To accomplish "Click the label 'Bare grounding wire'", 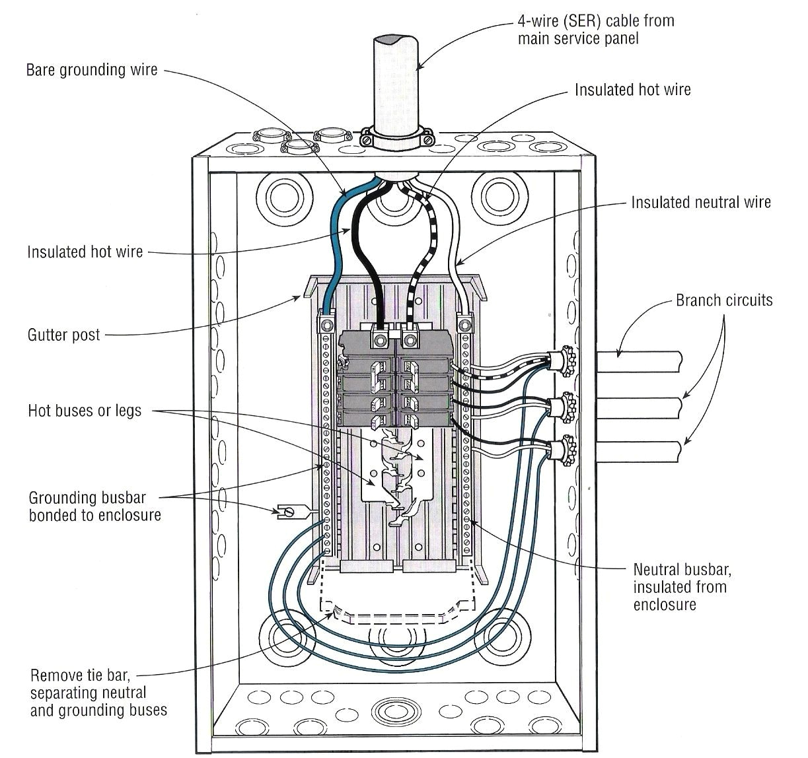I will pyautogui.click(x=92, y=70).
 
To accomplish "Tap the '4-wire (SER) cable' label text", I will pyautogui.click(x=596, y=29).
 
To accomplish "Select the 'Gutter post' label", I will pyautogui.click(x=63, y=335).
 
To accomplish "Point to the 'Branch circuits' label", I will pyautogui.click(x=723, y=300).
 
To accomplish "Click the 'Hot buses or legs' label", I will pyautogui.click(x=85, y=411).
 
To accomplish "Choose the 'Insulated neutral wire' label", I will pyautogui.click(x=700, y=202).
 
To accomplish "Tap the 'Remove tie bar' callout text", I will pyautogui.click(x=89, y=693).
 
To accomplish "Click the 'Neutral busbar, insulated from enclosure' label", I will pyautogui.click(x=681, y=586).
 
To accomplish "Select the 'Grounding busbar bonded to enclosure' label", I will pyautogui.click(x=94, y=506).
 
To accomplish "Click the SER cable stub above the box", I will pyautogui.click(x=397, y=73).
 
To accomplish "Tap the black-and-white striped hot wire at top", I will pyautogui.click(x=423, y=224).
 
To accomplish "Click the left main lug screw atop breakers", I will pyautogui.click(x=380, y=341).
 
